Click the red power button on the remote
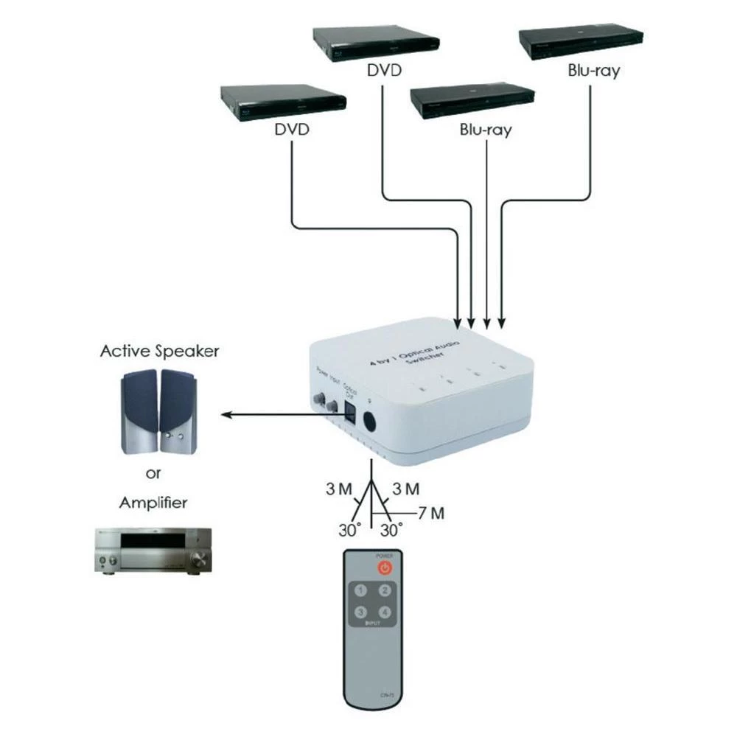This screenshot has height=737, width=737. coord(384,567)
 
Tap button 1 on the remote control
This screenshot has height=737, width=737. coord(361,591)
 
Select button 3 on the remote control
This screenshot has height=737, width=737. coord(361,612)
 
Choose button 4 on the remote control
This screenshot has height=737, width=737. coord(384,612)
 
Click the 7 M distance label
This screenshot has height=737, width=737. coord(430,513)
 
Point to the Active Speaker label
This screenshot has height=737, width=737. coord(160,351)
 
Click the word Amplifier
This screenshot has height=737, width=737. coord(153,504)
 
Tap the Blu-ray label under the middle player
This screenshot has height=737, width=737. coord(486,130)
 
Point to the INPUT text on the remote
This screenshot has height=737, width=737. coord(372,624)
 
